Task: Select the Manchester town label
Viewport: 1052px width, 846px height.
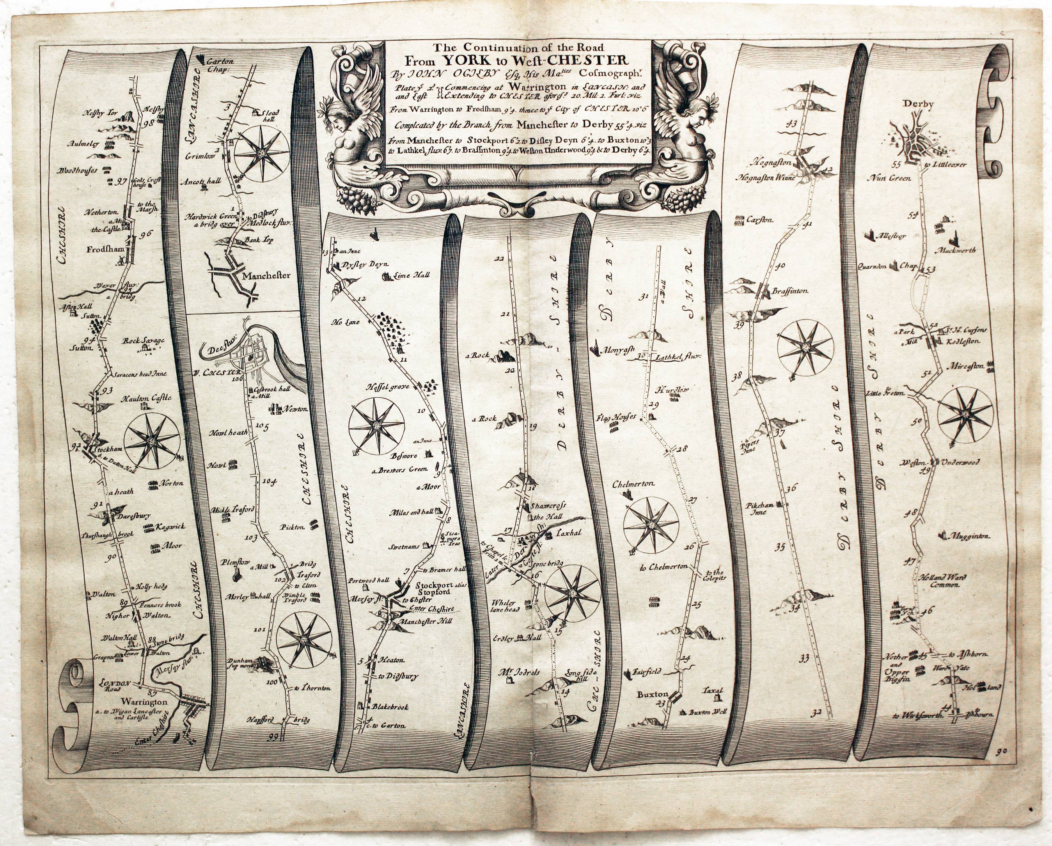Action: click(266, 275)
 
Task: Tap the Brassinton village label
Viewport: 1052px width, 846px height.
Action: click(790, 291)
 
